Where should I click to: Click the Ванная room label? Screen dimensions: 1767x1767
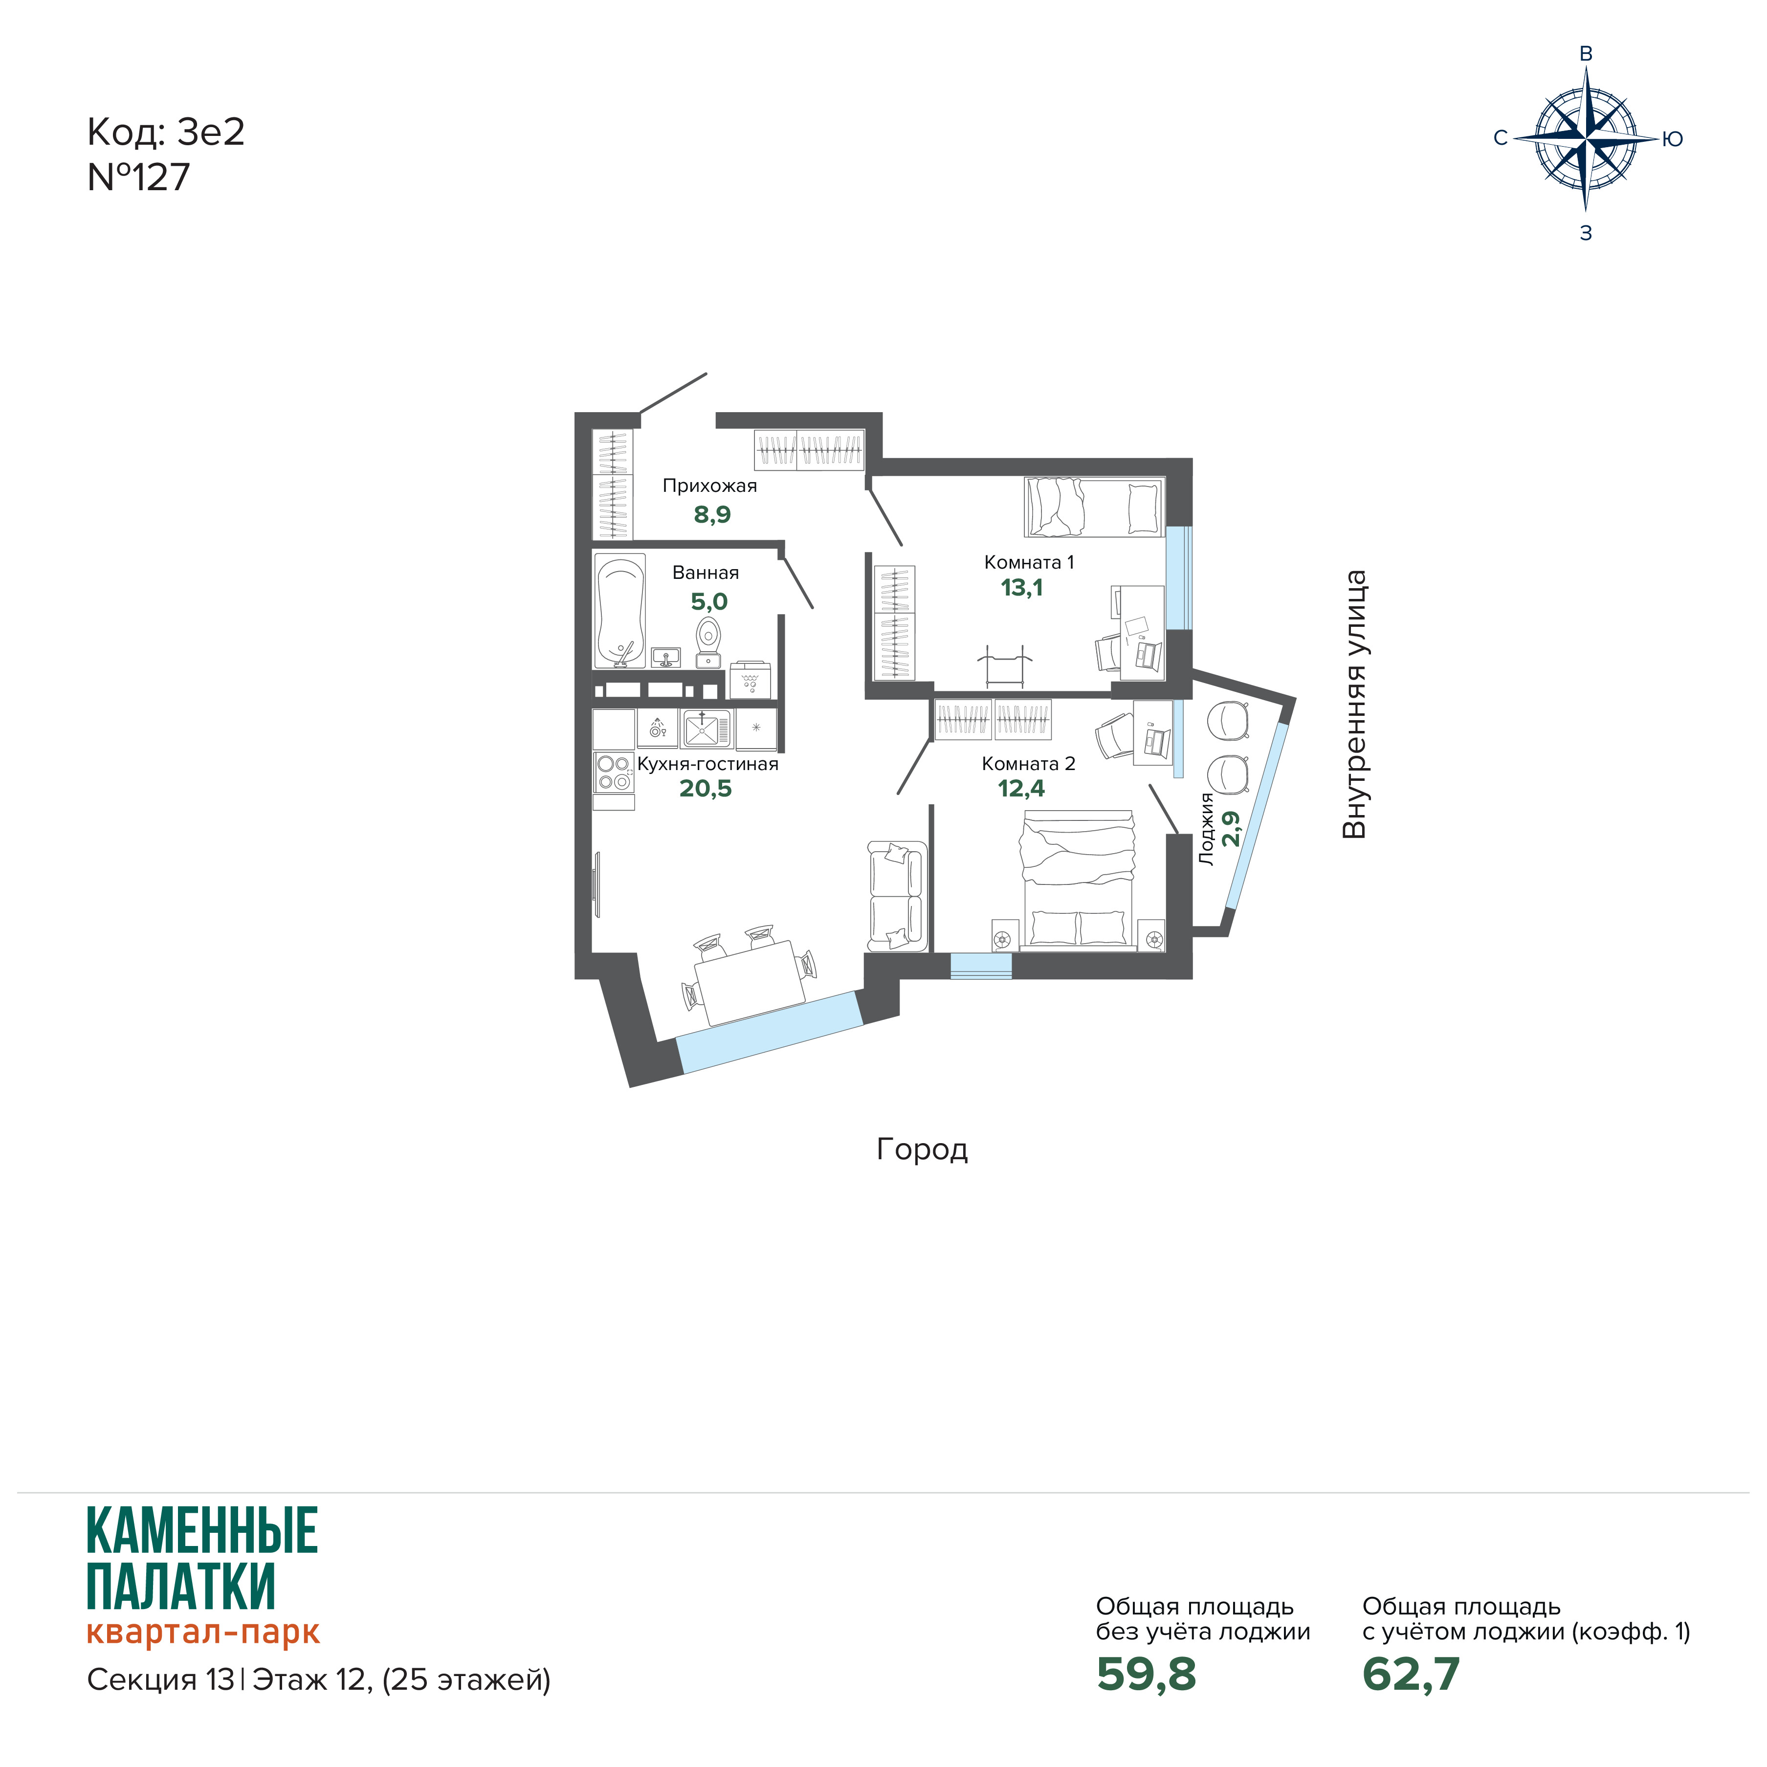click(705, 573)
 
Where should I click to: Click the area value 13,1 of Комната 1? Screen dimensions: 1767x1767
click(1021, 588)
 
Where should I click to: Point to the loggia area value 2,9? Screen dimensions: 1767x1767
click(1232, 829)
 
